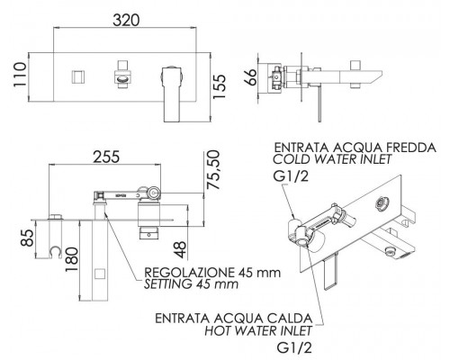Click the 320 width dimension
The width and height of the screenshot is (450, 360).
coord(126,21)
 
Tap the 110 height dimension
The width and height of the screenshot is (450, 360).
coord(20,75)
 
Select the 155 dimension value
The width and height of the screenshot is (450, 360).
coord(219,86)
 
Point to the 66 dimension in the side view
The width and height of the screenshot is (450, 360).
coord(250,77)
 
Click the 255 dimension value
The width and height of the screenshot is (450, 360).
coord(106,157)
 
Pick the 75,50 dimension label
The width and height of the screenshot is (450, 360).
coord(213,170)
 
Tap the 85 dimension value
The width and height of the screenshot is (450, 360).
coord(28,238)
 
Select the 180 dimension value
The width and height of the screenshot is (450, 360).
coord(72,260)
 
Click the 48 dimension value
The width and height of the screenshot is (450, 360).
coord(181,250)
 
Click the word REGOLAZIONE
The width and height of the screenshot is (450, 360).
coord(189,273)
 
